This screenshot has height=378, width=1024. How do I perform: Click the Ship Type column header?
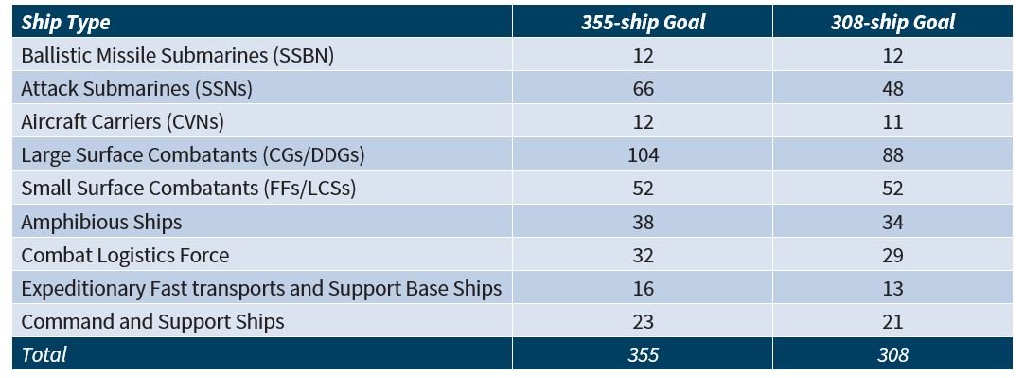pos(65,23)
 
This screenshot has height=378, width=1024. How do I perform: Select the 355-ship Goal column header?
pos(643,22)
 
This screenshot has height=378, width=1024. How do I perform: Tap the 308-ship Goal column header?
pos(892,22)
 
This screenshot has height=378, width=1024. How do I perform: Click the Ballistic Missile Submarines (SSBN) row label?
pos(178,56)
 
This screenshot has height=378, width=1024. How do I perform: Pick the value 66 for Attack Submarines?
pos(644,89)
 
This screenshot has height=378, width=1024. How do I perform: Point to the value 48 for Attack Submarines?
pos(892,89)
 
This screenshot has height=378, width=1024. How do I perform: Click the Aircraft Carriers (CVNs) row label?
pos(123,122)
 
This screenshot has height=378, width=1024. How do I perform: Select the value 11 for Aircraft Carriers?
pos(892,122)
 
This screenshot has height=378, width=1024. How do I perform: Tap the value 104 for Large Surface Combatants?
pos(644,155)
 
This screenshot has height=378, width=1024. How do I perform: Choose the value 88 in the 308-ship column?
pos(892,155)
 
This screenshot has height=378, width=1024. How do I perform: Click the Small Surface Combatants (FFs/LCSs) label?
pos(188,189)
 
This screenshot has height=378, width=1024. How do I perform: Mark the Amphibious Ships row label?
pos(101,223)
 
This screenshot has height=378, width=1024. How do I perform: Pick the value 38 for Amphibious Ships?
pos(644,223)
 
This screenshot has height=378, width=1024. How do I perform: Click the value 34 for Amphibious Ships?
pos(892,223)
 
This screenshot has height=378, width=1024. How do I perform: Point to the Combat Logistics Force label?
pos(125,255)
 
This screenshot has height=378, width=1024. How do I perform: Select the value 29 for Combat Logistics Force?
pos(892,256)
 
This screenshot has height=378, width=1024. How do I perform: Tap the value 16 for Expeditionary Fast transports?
pos(644,289)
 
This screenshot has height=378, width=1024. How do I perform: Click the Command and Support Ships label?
pos(152,322)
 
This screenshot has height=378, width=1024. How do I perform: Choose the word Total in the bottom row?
pos(44,354)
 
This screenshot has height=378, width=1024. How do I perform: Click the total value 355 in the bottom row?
pos(644,355)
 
